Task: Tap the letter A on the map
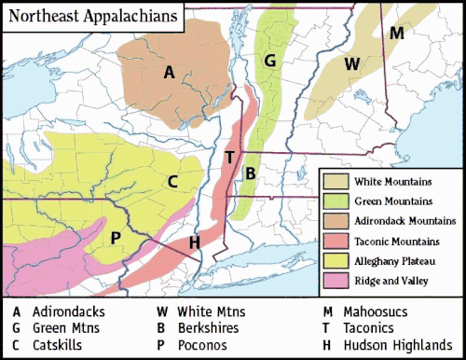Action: [169, 72]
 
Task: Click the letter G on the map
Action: [269, 62]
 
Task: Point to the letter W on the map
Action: [351, 63]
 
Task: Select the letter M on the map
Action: [397, 34]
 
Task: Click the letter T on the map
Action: [229, 157]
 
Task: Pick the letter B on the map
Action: [250, 173]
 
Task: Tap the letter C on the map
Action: [172, 182]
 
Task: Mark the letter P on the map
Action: [116, 238]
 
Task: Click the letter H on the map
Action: [194, 243]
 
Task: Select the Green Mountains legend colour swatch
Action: [338, 201]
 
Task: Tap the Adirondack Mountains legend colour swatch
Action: [338, 221]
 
